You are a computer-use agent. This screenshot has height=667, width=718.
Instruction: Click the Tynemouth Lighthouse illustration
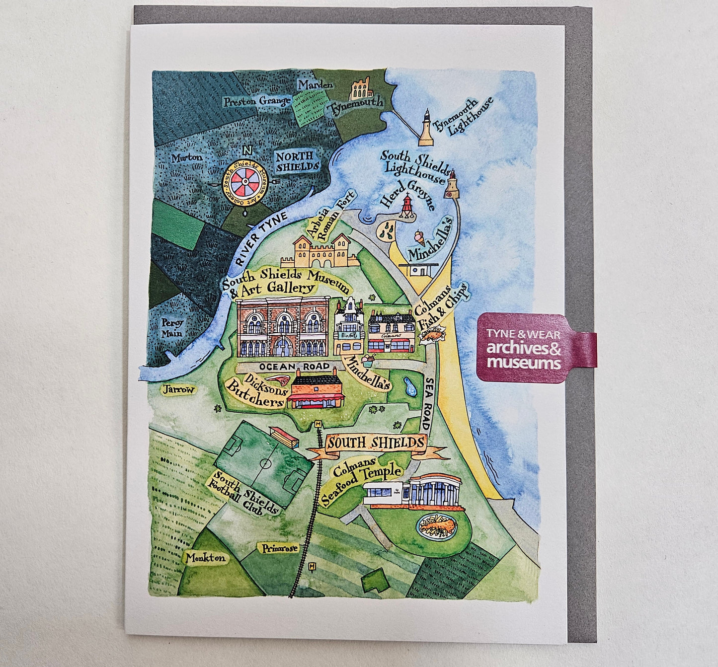click(426, 129)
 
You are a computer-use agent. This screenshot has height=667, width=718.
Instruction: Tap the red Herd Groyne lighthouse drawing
click(407, 207)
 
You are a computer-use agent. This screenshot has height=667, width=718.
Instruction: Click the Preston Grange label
click(256, 101)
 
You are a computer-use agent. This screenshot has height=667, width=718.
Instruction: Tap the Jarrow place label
click(178, 390)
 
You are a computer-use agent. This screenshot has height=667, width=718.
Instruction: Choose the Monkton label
click(205, 558)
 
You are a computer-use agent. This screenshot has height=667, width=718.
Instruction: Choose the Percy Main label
click(172, 328)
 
